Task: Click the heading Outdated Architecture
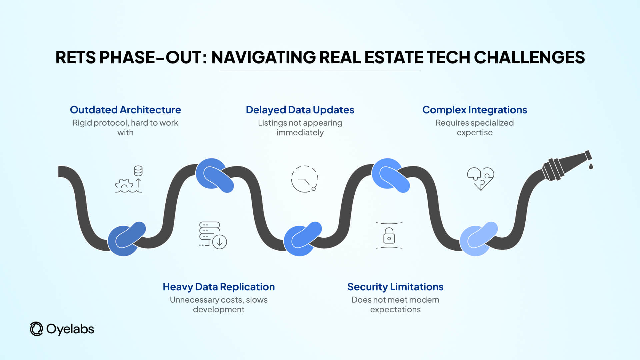click(x=125, y=110)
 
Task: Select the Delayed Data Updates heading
click(x=300, y=110)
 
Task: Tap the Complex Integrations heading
click(x=474, y=110)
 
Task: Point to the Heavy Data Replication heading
click(x=219, y=287)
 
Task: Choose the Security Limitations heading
click(x=395, y=287)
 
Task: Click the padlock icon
click(x=389, y=236)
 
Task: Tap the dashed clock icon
click(x=304, y=179)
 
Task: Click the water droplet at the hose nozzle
click(x=591, y=166)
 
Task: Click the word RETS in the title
click(x=75, y=57)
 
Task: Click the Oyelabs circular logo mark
click(x=36, y=329)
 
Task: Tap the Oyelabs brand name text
click(x=70, y=329)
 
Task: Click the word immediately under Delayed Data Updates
click(x=300, y=133)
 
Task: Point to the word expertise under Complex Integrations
click(x=474, y=133)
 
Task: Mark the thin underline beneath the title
click(x=320, y=71)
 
